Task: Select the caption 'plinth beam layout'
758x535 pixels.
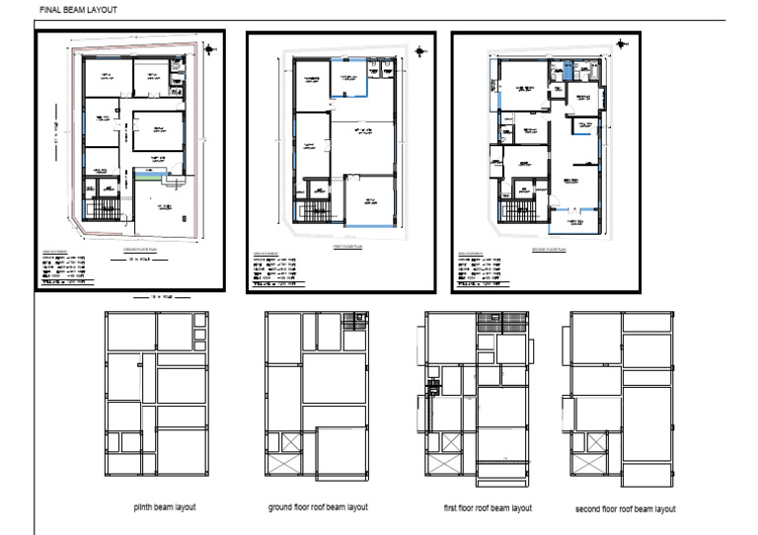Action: [x=165, y=508]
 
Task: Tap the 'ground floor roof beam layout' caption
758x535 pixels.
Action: [x=318, y=507]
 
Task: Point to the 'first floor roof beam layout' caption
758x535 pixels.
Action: [x=488, y=508]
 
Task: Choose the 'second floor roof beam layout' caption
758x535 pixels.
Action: [x=625, y=509]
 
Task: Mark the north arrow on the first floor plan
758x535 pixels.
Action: [x=420, y=52]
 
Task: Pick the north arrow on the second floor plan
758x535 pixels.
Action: [x=620, y=44]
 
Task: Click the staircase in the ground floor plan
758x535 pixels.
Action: [x=104, y=209]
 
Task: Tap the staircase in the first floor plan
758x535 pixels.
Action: [x=314, y=209]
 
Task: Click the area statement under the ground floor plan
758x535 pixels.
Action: [x=69, y=267]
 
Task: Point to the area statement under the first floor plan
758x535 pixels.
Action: [x=279, y=267]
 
